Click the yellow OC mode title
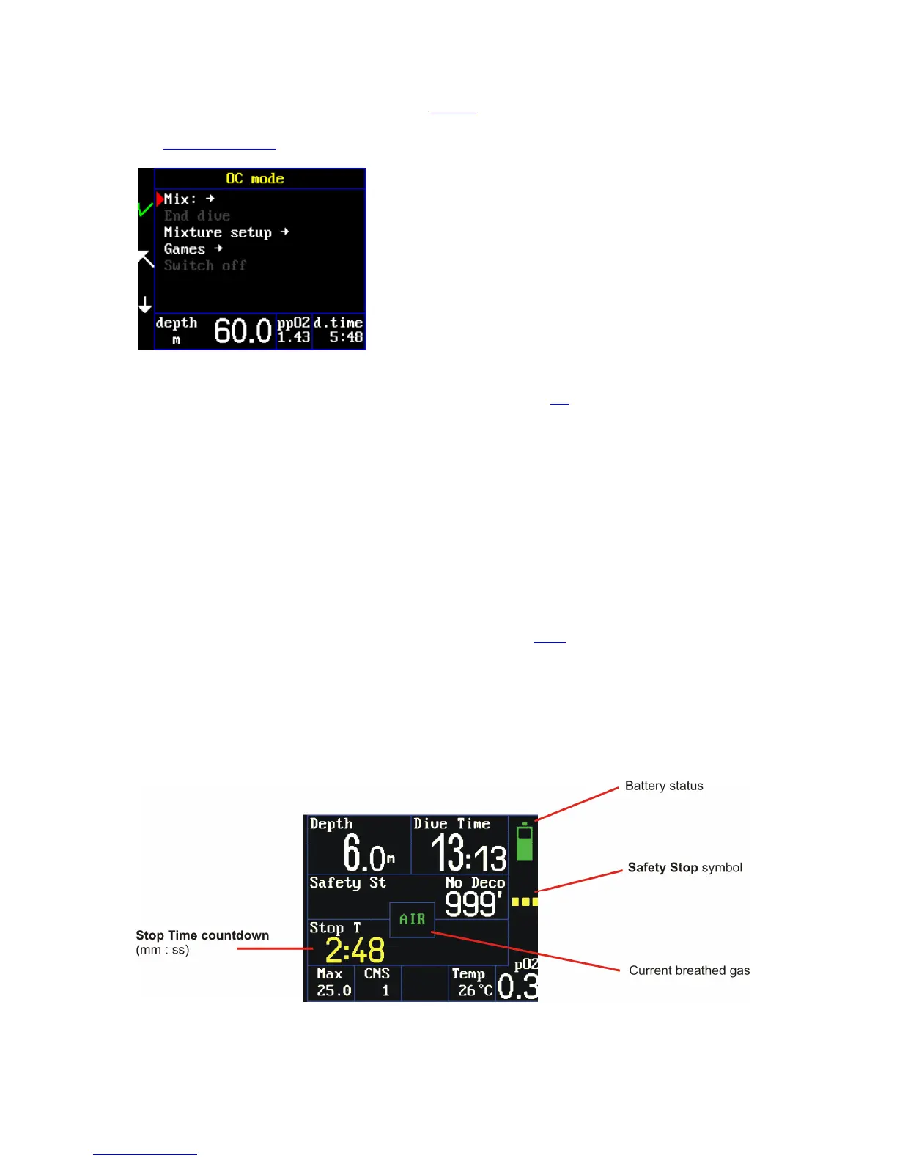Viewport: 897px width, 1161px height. [254, 179]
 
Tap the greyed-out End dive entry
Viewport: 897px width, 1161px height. [197, 216]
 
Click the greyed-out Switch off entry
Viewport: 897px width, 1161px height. [205, 265]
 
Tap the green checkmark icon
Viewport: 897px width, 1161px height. [145, 209]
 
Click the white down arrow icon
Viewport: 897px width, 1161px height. [145, 304]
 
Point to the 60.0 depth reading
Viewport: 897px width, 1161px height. [243, 331]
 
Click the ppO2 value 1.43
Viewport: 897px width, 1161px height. [294, 337]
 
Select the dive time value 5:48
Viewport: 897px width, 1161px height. [346, 337]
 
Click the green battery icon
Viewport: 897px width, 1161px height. [524, 842]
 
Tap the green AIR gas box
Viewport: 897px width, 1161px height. [412, 919]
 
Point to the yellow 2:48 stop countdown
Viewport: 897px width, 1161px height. [355, 951]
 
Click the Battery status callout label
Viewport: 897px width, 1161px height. [664, 786]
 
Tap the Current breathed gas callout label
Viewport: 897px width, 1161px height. [689, 970]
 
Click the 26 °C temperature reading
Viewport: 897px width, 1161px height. [475, 990]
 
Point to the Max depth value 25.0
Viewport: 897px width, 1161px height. [333, 990]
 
